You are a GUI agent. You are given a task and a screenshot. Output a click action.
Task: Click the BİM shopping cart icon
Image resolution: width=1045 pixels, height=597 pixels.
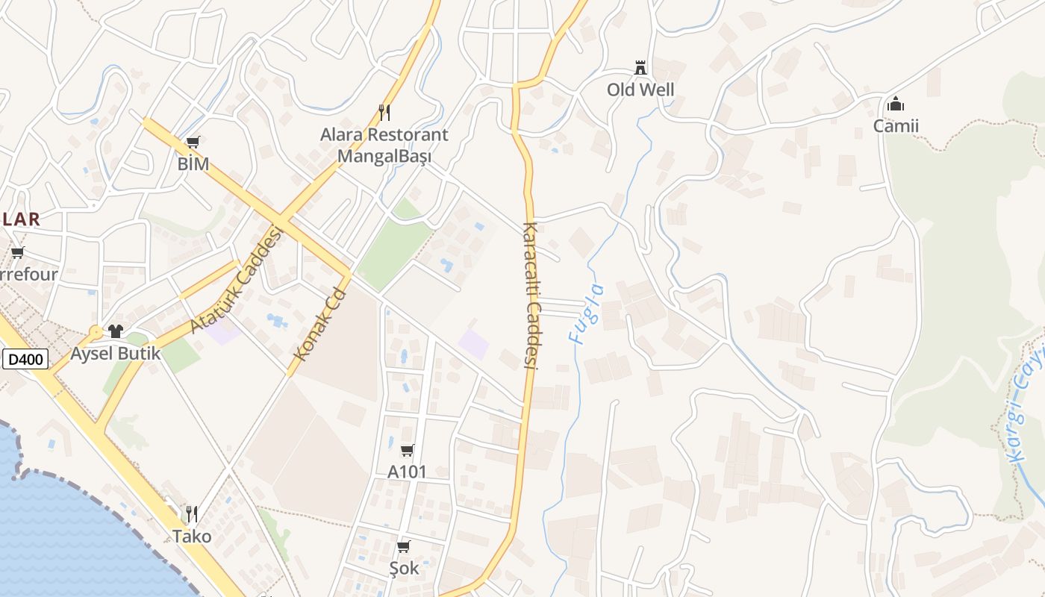pyautogui.click(x=193, y=142)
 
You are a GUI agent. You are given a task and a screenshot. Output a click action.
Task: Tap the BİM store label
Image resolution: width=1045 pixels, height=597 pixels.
pyautogui.click(x=193, y=163)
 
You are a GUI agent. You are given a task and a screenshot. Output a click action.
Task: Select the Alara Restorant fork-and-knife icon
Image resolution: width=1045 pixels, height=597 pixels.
pyautogui.click(x=384, y=113)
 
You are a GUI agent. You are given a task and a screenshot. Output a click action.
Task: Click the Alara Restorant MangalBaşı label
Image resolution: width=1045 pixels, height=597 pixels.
pyautogui.click(x=384, y=146)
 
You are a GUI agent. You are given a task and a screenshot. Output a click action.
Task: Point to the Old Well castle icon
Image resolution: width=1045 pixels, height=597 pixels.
pyautogui.click(x=640, y=68)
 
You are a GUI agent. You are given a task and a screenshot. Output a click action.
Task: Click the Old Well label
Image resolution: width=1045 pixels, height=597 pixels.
pyautogui.click(x=640, y=90)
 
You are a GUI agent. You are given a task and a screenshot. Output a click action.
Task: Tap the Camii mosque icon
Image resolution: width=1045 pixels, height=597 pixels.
pyautogui.click(x=896, y=104)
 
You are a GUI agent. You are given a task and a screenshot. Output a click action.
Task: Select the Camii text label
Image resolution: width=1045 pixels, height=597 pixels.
pyautogui.click(x=896, y=125)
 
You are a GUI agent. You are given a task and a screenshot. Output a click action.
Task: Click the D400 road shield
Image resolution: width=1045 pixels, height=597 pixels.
pyautogui.click(x=25, y=360)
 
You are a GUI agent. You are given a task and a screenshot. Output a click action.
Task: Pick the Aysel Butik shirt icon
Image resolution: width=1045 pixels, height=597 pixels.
pyautogui.click(x=115, y=331)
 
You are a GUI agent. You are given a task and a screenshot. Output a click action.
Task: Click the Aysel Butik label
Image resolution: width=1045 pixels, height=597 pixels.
pyautogui.click(x=115, y=353)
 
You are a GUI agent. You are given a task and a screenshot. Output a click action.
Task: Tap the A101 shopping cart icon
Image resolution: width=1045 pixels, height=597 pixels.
pyautogui.click(x=407, y=450)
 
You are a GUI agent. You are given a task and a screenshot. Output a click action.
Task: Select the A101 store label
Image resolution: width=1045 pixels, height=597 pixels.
pyautogui.click(x=407, y=472)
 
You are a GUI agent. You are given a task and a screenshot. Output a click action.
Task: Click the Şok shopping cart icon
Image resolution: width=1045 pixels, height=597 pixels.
pyautogui.click(x=404, y=547)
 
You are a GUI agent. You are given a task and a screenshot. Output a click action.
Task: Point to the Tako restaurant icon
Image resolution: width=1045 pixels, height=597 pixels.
pyautogui.click(x=192, y=513)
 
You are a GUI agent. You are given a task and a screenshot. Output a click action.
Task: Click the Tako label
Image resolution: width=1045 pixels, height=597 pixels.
pyautogui.click(x=192, y=536)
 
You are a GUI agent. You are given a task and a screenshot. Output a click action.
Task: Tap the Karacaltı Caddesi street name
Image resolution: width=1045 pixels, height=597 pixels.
pyautogui.click(x=531, y=296)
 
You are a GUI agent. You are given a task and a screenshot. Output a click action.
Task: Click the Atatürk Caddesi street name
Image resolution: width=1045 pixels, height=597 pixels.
pyautogui.click(x=238, y=281)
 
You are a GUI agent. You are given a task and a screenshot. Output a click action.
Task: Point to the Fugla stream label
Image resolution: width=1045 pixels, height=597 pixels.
pyautogui.click(x=586, y=313)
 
